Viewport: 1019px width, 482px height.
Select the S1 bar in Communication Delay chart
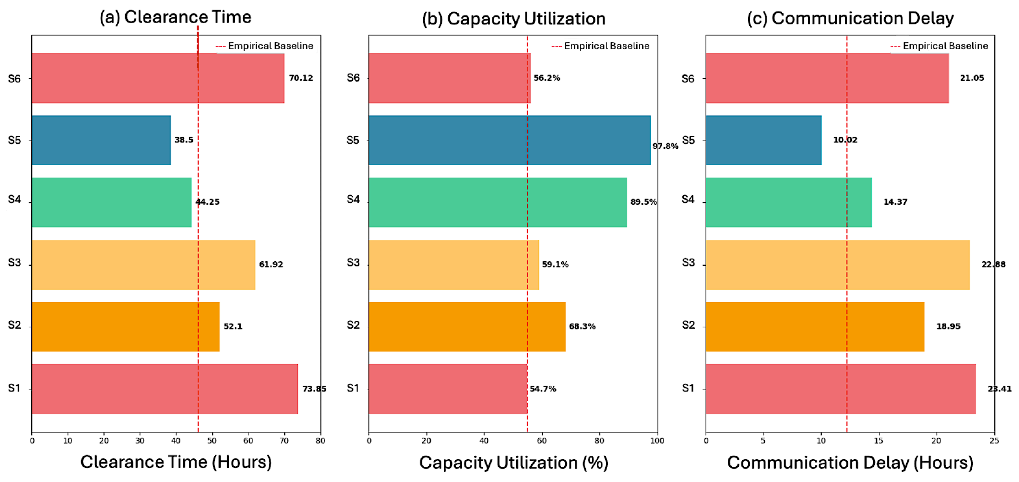(x=840, y=389)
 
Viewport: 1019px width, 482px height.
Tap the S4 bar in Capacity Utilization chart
(x=497, y=202)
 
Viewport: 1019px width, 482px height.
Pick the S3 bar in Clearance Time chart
(x=143, y=265)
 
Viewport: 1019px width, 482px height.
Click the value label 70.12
(x=301, y=78)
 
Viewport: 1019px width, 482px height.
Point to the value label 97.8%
(x=665, y=146)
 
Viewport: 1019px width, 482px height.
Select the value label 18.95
(x=948, y=326)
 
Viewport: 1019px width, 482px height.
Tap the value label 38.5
(x=184, y=140)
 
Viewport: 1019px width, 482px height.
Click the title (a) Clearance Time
(x=175, y=17)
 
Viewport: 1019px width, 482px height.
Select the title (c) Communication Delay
(x=850, y=18)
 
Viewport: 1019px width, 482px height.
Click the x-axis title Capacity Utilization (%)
(x=513, y=463)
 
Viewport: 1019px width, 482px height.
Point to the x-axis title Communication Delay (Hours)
(x=850, y=463)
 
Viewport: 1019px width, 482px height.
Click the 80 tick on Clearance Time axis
(x=320, y=441)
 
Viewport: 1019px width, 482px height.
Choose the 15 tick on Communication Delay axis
(x=878, y=441)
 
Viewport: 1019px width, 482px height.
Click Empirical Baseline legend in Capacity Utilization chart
(x=606, y=46)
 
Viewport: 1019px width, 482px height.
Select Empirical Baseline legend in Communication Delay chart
(x=945, y=46)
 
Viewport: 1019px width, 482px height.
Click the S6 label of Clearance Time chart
(x=14, y=79)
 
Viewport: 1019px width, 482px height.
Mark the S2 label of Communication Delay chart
(x=688, y=325)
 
